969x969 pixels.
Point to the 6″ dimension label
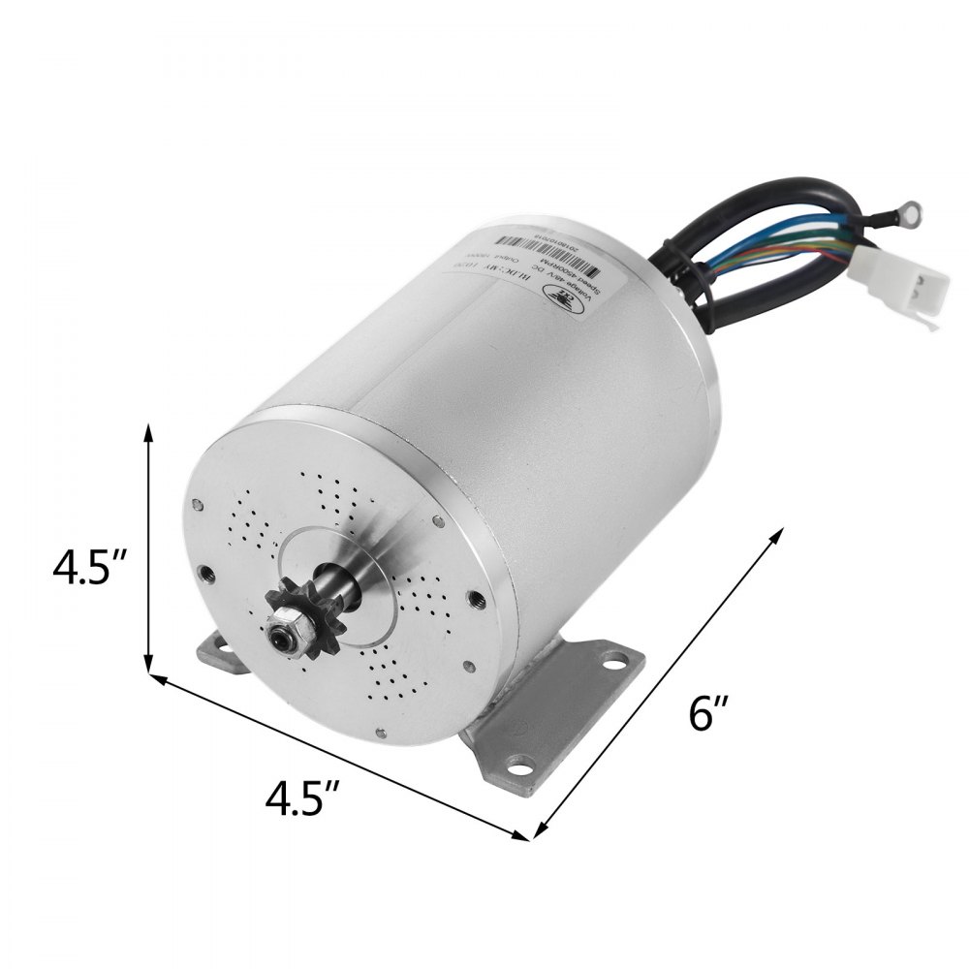708,714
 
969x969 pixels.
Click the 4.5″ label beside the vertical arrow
93,568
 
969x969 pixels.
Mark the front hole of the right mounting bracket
520,771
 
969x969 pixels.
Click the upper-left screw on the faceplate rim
197,504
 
